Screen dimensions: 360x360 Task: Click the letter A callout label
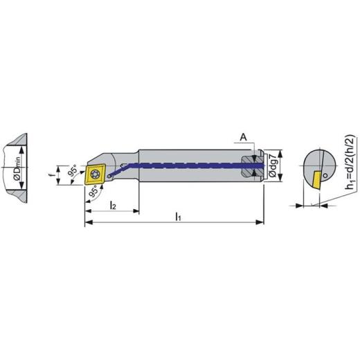pyautogui.click(x=243, y=137)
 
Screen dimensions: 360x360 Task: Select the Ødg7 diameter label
pyautogui.click(x=273, y=165)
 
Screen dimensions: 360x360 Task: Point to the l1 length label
pyautogui.click(x=178, y=217)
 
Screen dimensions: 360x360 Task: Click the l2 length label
pyautogui.click(x=113, y=205)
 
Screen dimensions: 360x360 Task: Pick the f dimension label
pyautogui.click(x=51, y=175)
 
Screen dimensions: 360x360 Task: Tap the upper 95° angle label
pyautogui.click(x=73, y=171)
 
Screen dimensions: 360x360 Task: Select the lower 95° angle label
pyautogui.click(x=93, y=192)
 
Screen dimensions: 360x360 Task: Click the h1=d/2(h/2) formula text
pyautogui.click(x=350, y=162)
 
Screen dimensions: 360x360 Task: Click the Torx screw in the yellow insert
pyautogui.click(x=95, y=174)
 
